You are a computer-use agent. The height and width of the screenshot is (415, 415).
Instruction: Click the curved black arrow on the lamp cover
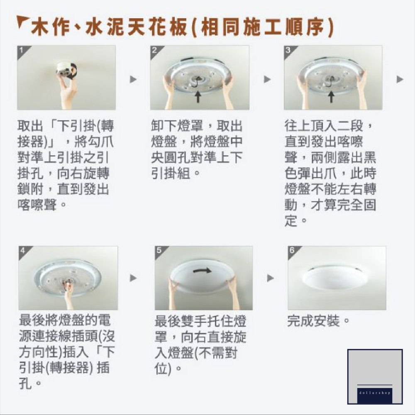click(202, 270)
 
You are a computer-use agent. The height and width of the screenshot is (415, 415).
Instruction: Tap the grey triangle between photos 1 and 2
click(133, 79)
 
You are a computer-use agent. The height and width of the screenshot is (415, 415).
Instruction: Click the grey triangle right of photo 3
click(400, 79)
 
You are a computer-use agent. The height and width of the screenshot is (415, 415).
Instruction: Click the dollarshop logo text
click(374, 392)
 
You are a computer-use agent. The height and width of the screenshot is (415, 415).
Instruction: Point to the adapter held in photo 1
click(66, 69)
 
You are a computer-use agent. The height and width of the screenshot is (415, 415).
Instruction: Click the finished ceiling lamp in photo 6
click(335, 277)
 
